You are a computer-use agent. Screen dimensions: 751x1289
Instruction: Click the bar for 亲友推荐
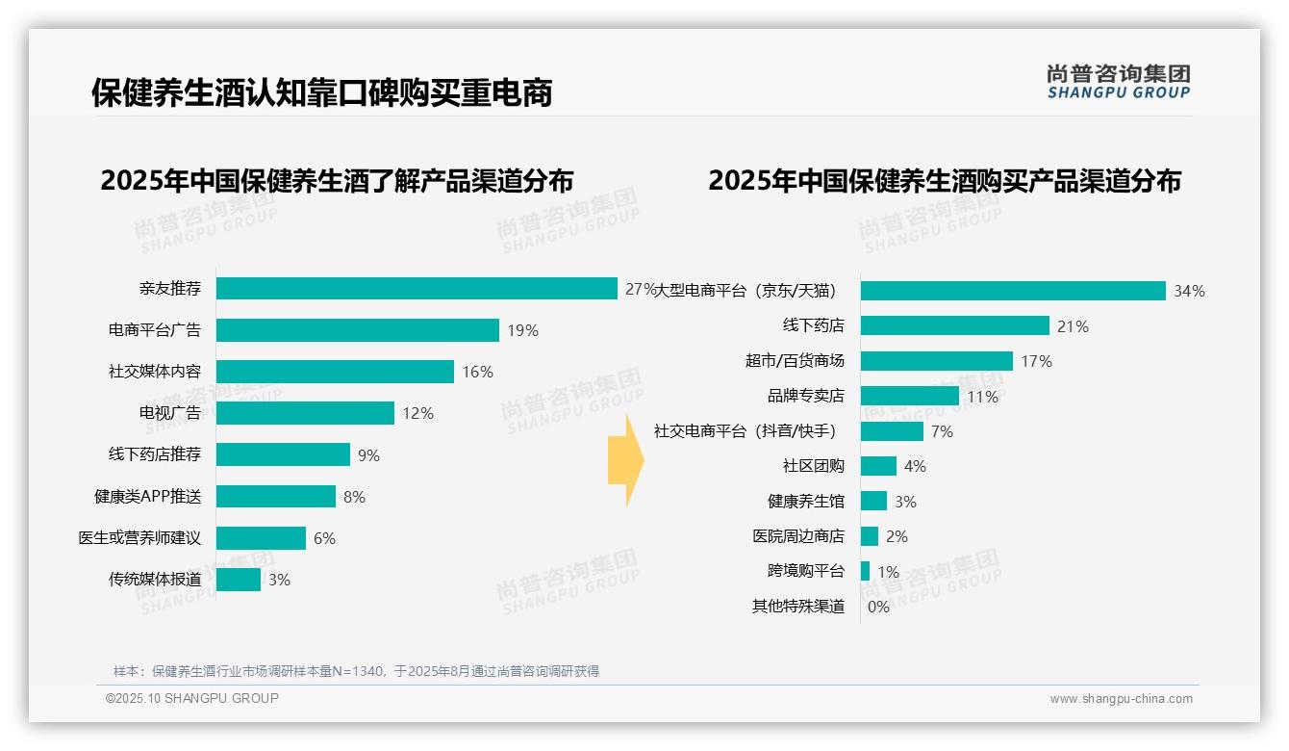tap(416, 289)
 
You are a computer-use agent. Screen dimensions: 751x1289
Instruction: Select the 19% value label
tap(522, 330)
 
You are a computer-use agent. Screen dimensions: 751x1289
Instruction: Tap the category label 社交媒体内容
tap(154, 372)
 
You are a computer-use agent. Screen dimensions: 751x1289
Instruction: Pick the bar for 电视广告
tap(305, 413)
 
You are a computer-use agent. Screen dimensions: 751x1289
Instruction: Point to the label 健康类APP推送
tap(147, 497)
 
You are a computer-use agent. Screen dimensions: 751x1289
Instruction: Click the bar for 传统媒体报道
tap(239, 580)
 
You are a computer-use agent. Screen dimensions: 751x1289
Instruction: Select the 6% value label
tap(324, 538)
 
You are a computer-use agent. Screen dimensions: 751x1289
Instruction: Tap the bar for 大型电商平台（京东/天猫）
tap(1013, 291)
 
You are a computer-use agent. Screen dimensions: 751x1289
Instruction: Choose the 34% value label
tap(1189, 291)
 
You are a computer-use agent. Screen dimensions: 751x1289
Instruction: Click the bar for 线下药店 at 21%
tap(954, 325)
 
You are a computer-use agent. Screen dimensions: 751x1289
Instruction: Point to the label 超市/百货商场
tap(794, 361)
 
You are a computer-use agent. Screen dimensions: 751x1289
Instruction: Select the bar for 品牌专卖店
tap(909, 396)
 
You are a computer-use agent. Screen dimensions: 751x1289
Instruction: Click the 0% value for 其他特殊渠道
tap(878, 607)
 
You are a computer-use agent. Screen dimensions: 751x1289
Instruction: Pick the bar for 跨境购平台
tap(865, 571)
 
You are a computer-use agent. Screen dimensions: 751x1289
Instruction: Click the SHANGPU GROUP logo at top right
tap(1119, 81)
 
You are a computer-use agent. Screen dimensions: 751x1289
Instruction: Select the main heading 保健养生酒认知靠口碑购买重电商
tap(321, 93)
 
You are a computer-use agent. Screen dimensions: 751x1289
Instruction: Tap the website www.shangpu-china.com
tap(1121, 699)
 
